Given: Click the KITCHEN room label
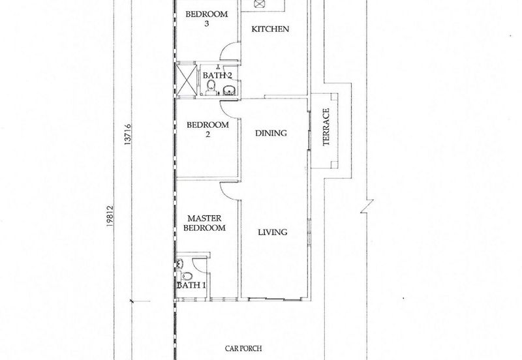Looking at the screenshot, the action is (270, 29).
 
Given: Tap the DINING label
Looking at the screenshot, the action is (271, 133).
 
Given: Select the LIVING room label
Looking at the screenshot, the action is (273, 232).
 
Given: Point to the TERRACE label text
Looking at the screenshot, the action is (326, 127).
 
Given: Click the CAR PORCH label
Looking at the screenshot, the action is (243, 348).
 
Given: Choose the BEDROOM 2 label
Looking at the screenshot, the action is (207, 129).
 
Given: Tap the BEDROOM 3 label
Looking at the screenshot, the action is (207, 19).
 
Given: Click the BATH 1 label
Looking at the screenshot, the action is (191, 285).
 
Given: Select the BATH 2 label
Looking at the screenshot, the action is (217, 76).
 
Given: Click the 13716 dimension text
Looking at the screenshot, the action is (127, 134).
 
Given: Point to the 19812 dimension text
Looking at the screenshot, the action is (110, 217).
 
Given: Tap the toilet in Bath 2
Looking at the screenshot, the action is (210, 87).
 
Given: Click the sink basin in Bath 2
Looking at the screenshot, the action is (229, 91).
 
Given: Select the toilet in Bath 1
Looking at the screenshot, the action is (186, 276).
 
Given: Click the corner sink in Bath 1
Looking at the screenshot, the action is (180, 263).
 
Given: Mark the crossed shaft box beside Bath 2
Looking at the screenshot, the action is (186, 80).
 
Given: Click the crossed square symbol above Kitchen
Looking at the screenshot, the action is (259, 4).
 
